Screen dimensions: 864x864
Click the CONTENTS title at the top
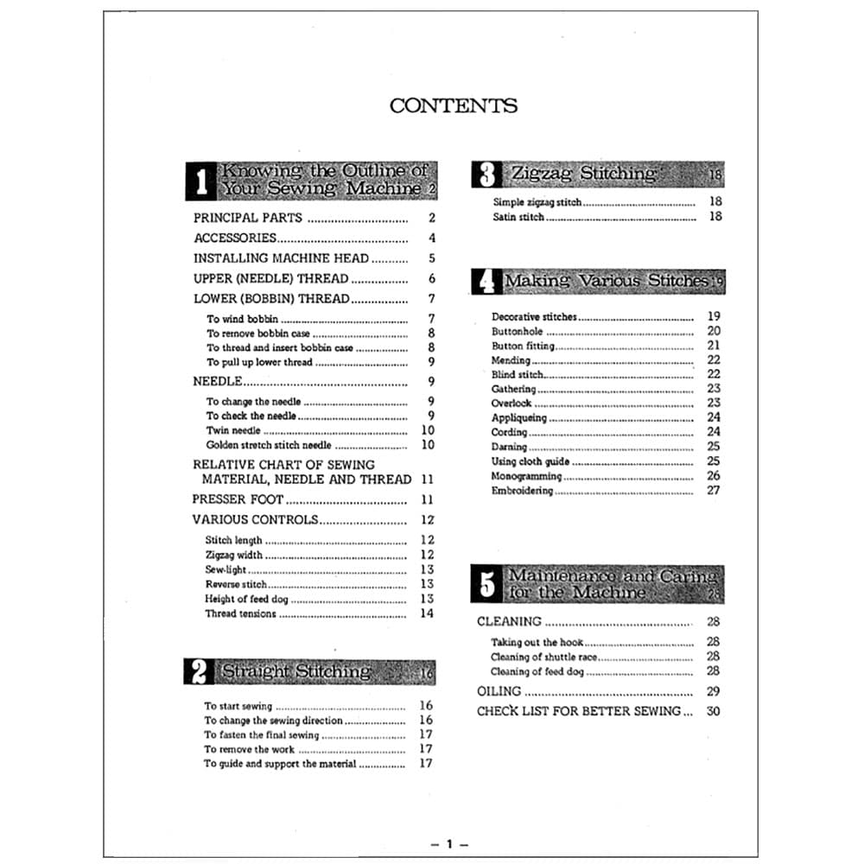coord(454,106)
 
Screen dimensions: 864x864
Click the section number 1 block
coord(200,181)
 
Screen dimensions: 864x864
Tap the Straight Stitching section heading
coord(296,671)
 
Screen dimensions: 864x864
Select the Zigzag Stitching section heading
coord(583,174)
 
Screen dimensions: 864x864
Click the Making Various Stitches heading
coord(606,281)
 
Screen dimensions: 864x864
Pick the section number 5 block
coord(487,584)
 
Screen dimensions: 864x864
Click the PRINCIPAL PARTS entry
coord(247,219)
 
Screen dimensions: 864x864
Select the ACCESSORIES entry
coord(234,238)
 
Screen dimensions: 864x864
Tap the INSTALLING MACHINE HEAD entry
coord(281,258)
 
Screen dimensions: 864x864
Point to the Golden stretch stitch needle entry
coord(269,445)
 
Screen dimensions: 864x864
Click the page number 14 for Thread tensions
coord(427,614)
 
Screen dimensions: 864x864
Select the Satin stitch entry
coord(518,217)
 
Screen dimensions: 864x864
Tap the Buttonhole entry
coord(517,331)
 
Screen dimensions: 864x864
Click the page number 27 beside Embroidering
coord(713,491)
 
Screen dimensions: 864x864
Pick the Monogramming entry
coord(526,476)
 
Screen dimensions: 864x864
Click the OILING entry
coord(499,691)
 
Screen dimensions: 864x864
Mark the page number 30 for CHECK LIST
coord(713,712)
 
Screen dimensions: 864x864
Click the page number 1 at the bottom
coord(449,844)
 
